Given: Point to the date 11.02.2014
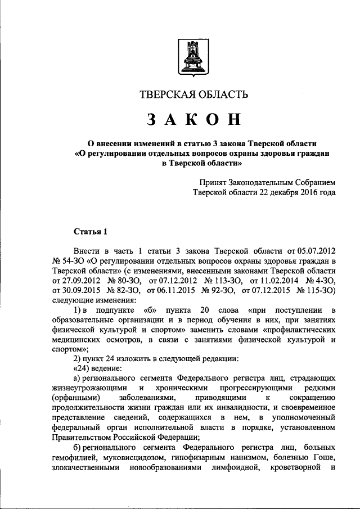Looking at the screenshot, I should pyautogui.click(x=274, y=280).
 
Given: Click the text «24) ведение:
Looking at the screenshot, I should pyautogui.click(x=98, y=369).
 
